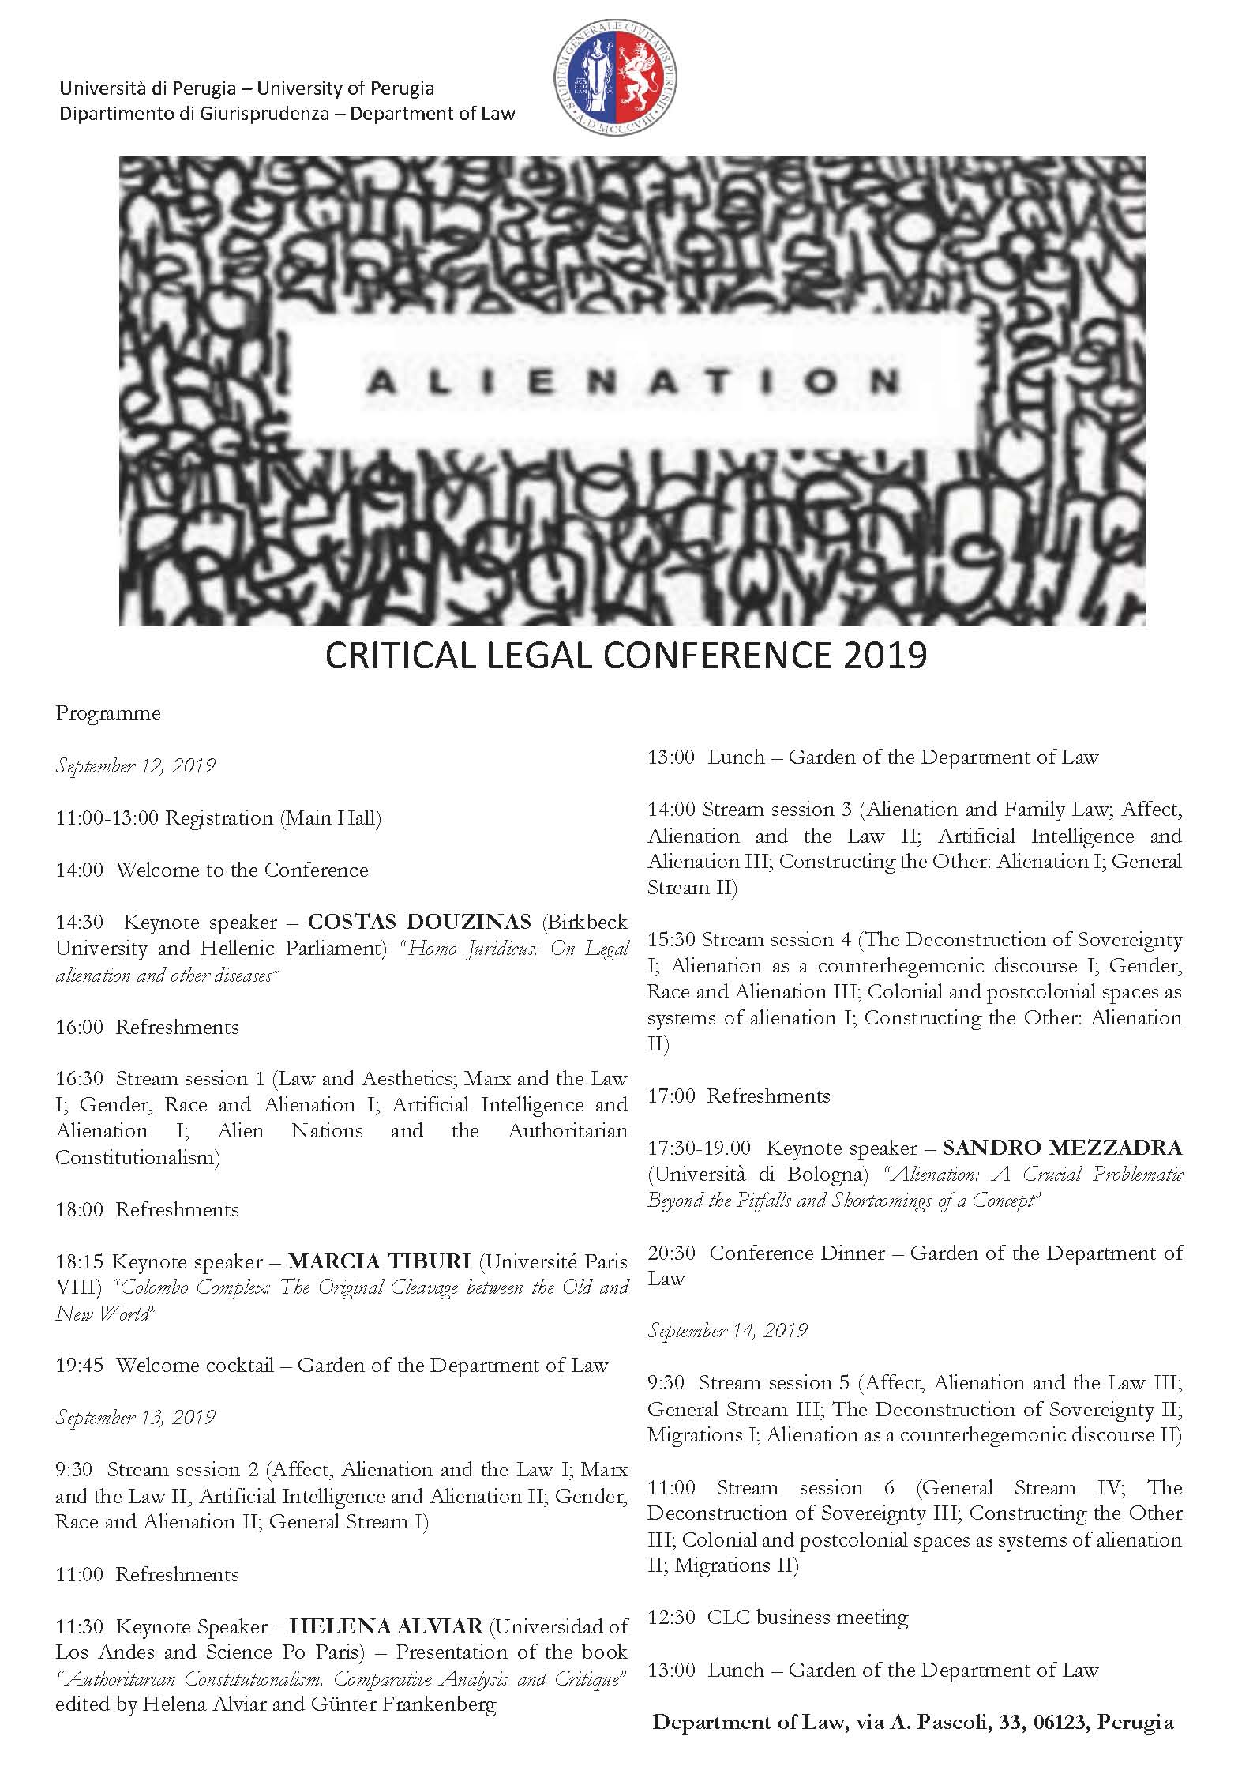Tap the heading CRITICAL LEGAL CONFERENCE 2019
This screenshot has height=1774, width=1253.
pyautogui.click(x=626, y=657)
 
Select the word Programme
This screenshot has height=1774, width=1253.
pyautogui.click(x=108, y=713)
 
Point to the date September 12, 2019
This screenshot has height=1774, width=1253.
pyautogui.click(x=135, y=765)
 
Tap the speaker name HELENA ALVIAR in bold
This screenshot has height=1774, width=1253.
pyautogui.click(x=385, y=1604)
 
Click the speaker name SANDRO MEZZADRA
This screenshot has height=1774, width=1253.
pyautogui.click(x=1063, y=1148)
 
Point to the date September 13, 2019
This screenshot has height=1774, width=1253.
pyautogui.click(x=135, y=1417)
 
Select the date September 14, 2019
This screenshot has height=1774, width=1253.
pyautogui.click(x=727, y=1331)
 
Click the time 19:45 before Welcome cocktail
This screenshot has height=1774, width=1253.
pyautogui.click(x=79, y=1365)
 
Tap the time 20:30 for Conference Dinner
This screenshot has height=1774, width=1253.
pyautogui.click(x=671, y=1253)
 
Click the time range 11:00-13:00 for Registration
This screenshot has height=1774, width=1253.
pyautogui.click(x=107, y=817)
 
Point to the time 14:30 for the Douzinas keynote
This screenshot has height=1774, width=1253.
pyautogui.click(x=79, y=922)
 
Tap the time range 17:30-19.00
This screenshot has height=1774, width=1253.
pyautogui.click(x=699, y=1148)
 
